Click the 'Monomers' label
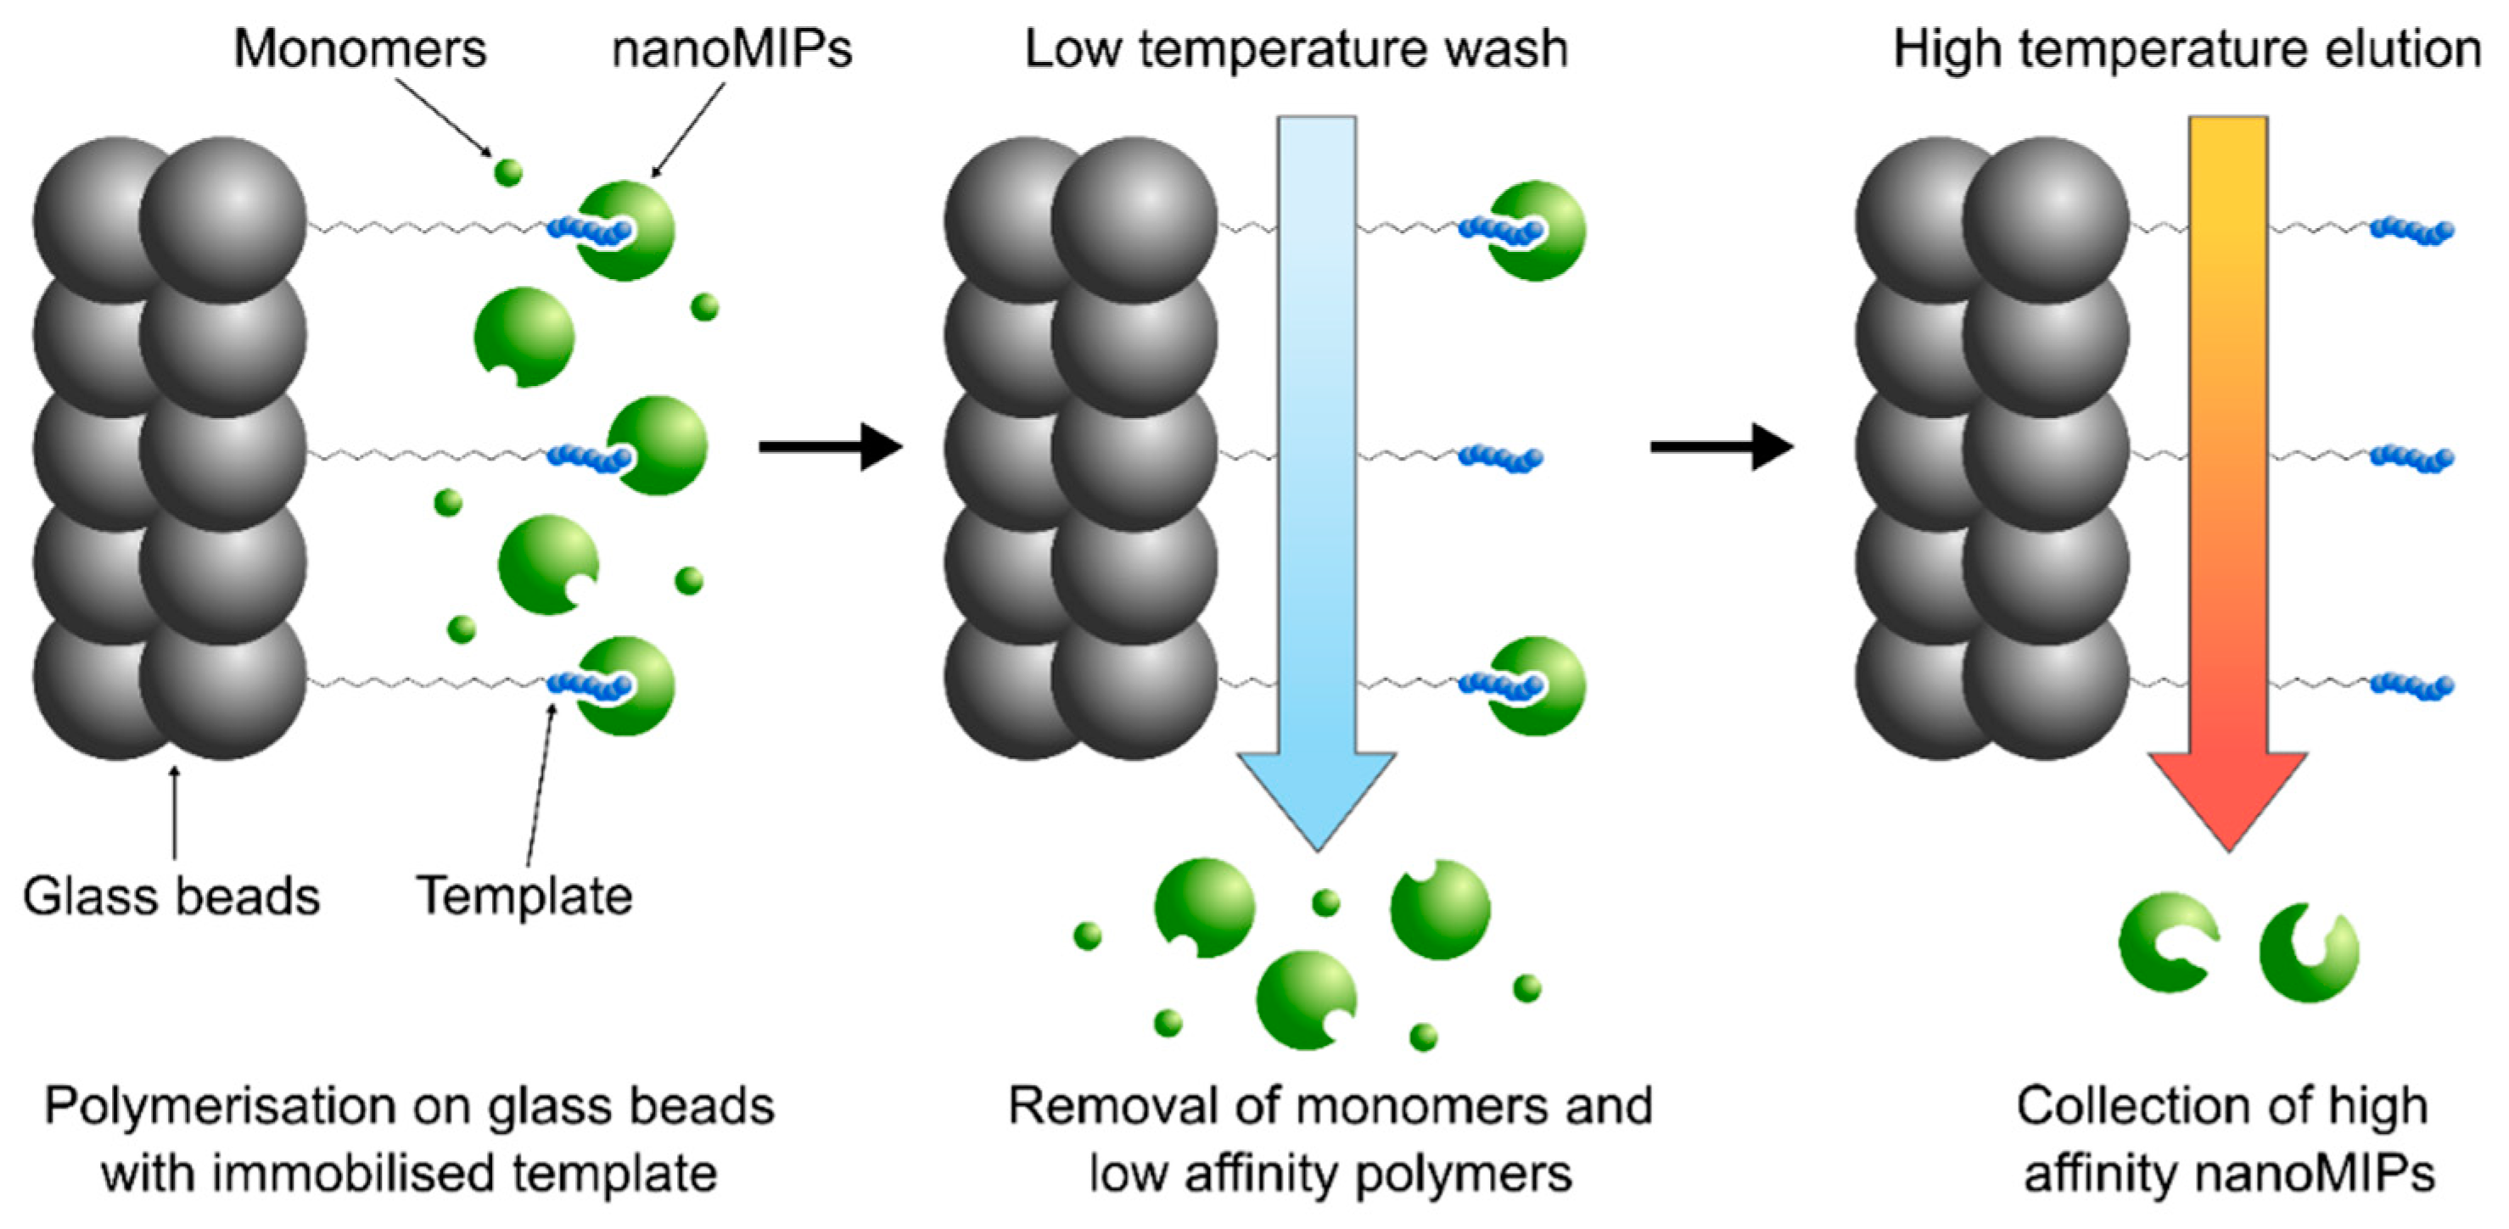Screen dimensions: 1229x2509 tap(360, 48)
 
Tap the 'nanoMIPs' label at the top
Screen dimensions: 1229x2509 tap(731, 48)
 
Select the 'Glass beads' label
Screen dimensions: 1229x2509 tap(171, 896)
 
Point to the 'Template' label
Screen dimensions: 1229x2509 tap(524, 896)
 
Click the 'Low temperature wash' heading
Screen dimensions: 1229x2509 tap(1297, 48)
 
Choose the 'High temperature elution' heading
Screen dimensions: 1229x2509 tap(2187, 48)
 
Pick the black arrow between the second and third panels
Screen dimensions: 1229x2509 tap(1721, 447)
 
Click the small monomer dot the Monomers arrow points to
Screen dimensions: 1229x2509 tap(507, 172)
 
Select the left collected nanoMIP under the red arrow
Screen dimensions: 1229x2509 tap(2166, 942)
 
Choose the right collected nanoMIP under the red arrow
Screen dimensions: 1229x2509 tap(2309, 952)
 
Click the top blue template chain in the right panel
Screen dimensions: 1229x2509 tap(2411, 232)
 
